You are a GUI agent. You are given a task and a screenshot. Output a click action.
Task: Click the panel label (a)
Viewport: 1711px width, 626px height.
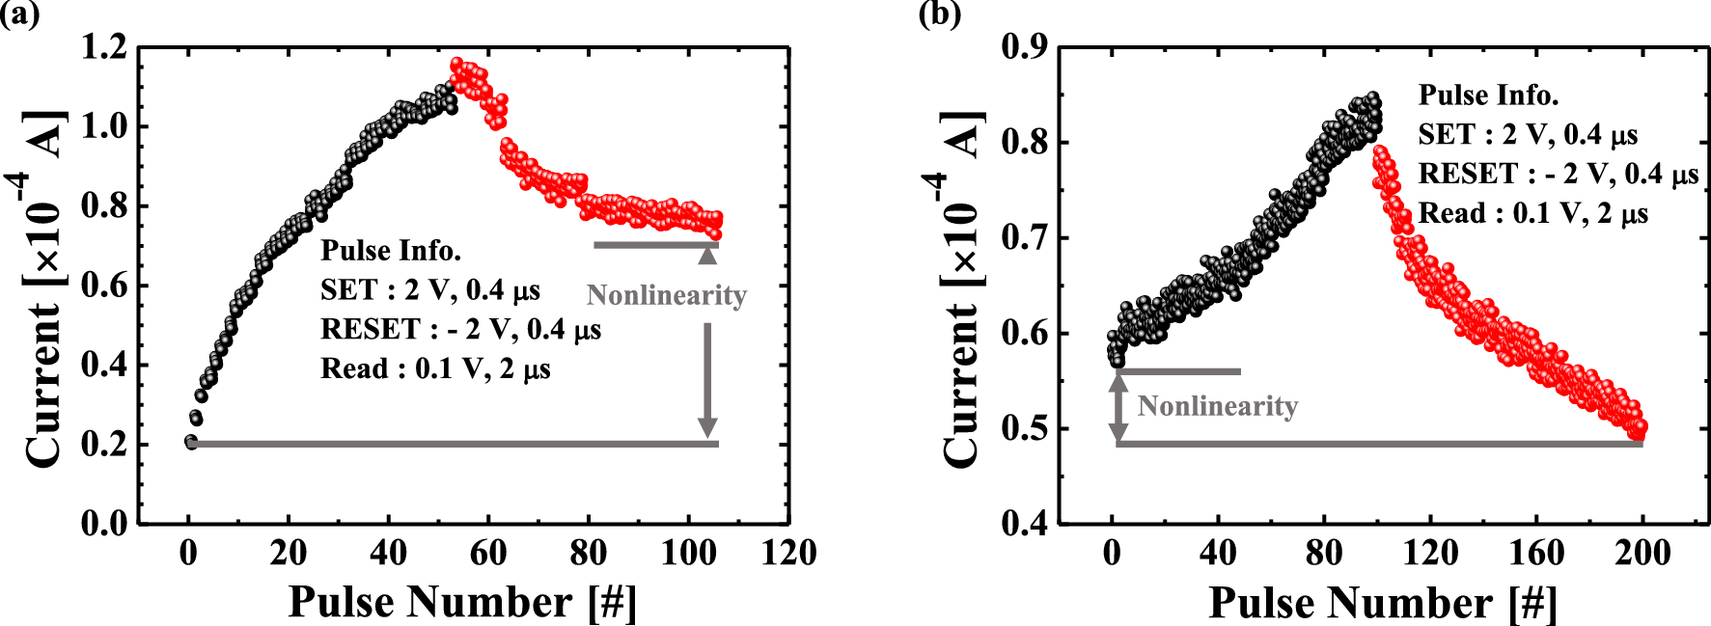click(x=19, y=14)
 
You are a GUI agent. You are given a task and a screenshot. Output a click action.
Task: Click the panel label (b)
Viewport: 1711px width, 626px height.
click(x=940, y=14)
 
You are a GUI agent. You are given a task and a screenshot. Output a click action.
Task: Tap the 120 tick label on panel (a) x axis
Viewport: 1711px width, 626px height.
click(x=788, y=554)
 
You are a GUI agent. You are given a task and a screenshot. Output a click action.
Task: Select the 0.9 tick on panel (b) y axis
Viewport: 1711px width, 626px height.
click(x=1025, y=47)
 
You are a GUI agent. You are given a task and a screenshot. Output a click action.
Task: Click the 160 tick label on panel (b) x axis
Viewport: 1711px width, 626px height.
click(x=1536, y=554)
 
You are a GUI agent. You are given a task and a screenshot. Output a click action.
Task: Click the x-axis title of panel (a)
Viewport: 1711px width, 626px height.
click(x=462, y=602)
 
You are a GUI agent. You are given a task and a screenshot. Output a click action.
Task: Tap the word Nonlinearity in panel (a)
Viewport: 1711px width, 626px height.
click(x=667, y=295)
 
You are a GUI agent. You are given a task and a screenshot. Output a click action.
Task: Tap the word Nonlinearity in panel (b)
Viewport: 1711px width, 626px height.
click(x=1218, y=406)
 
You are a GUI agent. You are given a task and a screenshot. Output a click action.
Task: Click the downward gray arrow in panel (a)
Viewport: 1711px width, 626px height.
click(x=707, y=381)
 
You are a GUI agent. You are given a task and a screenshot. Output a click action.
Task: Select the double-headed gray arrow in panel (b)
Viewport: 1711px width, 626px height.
click(x=1118, y=407)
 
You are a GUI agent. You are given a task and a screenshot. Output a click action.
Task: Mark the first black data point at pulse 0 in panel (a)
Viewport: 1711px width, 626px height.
click(x=191, y=442)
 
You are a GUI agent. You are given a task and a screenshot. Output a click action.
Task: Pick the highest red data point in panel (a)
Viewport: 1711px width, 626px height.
click(x=457, y=65)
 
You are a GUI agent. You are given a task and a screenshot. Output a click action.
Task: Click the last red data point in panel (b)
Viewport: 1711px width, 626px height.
click(x=1639, y=428)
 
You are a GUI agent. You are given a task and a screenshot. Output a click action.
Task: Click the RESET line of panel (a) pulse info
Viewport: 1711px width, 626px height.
click(x=460, y=330)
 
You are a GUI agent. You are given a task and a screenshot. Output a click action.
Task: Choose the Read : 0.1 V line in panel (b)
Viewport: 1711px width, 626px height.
click(x=1532, y=214)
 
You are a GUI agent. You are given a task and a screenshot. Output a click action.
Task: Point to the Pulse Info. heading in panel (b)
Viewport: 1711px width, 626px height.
click(x=1488, y=95)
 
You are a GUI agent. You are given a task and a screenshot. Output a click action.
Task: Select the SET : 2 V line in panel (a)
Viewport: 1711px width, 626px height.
click(x=430, y=290)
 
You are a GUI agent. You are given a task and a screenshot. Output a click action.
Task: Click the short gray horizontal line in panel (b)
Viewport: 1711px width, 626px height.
click(x=1178, y=371)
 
